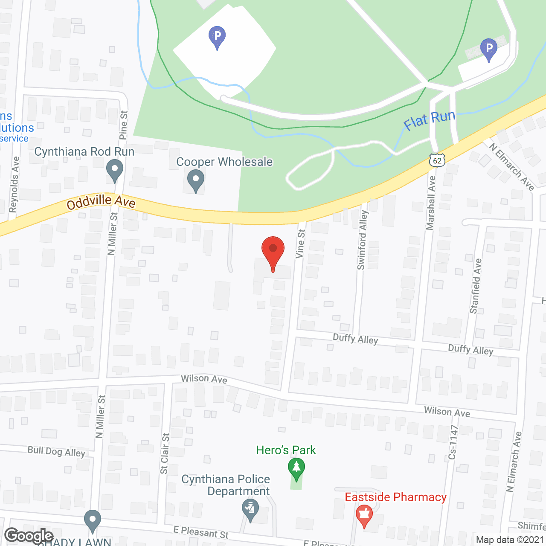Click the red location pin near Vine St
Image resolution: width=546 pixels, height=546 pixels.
click(x=273, y=252)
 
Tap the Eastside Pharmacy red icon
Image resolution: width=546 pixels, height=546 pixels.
click(x=364, y=516)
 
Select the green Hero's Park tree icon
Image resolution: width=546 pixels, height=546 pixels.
click(x=296, y=469)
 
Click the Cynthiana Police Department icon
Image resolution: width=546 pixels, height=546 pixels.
click(x=250, y=510)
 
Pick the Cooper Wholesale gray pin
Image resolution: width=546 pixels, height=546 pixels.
click(x=196, y=181)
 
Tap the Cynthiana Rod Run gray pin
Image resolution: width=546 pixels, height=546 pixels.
click(x=114, y=170)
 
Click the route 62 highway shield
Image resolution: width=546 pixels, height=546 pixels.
click(x=437, y=160)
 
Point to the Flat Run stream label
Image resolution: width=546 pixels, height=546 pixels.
click(x=429, y=120)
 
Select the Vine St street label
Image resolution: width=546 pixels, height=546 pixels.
click(x=301, y=244)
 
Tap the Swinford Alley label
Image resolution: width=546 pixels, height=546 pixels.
click(x=362, y=240)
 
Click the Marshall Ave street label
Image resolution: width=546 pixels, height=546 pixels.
click(x=431, y=203)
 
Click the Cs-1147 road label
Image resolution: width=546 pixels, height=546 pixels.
click(x=453, y=442)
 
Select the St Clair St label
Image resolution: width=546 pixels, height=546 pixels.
click(x=165, y=453)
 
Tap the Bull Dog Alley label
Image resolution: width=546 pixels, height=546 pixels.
click(x=56, y=451)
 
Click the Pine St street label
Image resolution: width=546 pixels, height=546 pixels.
click(x=124, y=125)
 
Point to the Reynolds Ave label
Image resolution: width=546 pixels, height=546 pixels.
click(x=14, y=184)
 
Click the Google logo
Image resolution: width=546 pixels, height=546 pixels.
click(x=29, y=536)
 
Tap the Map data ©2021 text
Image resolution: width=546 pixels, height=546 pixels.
click(x=510, y=540)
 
